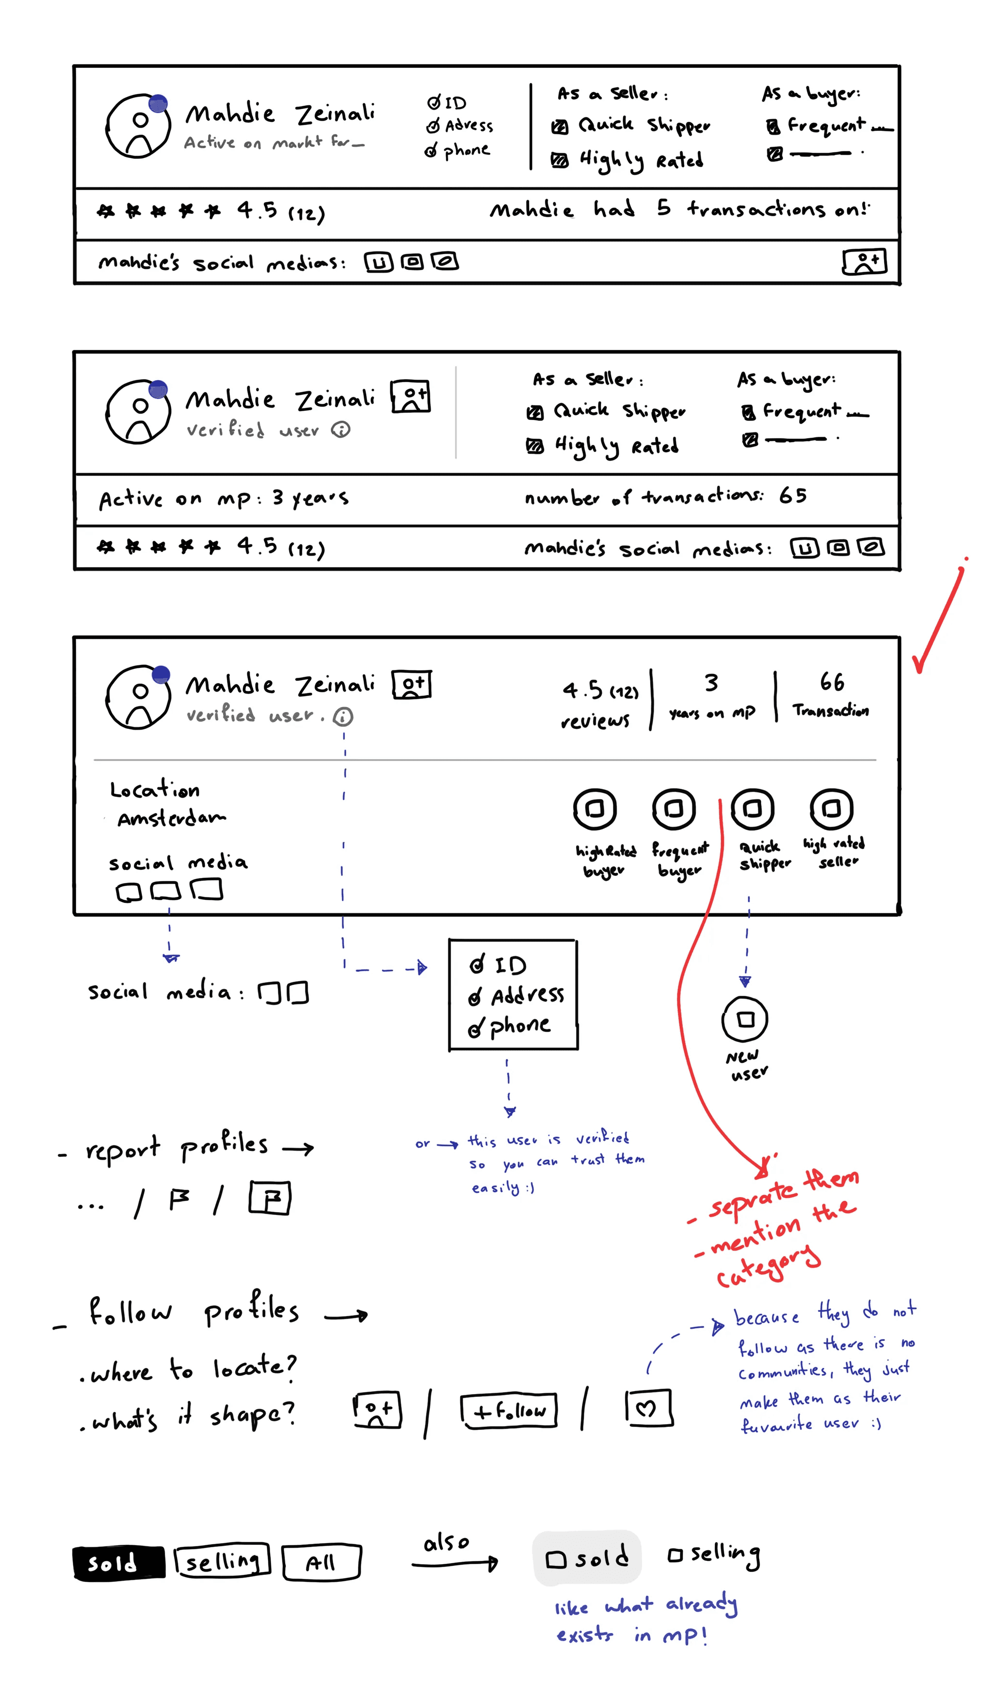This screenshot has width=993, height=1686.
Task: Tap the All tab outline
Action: [321, 1563]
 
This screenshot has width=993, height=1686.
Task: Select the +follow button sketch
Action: [509, 1411]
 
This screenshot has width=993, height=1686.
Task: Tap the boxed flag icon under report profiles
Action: [270, 1198]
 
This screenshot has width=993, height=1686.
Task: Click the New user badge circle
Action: [744, 1020]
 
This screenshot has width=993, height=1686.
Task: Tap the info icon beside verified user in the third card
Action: [343, 717]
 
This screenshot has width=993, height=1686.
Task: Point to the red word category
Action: [768, 1267]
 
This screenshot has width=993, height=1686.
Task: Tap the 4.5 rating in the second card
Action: [257, 546]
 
